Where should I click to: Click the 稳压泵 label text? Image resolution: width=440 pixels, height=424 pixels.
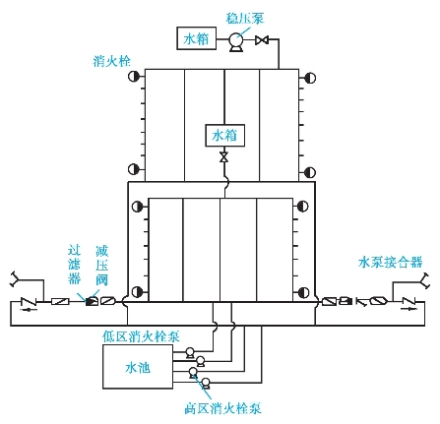click(x=245, y=19)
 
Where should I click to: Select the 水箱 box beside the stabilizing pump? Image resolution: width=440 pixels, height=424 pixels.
click(x=196, y=38)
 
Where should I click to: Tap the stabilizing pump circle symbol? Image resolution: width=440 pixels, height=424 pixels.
click(x=235, y=40)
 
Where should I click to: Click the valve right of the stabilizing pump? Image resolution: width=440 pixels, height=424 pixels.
click(x=262, y=40)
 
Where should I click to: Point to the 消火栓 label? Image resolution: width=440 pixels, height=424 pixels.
click(x=111, y=61)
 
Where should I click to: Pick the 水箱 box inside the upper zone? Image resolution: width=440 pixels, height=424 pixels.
click(x=224, y=135)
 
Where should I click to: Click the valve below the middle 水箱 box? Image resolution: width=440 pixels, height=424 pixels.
click(x=224, y=157)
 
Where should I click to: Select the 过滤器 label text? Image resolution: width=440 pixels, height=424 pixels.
click(x=74, y=265)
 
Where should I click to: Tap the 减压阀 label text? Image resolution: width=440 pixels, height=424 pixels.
click(x=101, y=266)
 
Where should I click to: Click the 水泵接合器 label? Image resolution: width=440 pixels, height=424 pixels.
click(x=390, y=263)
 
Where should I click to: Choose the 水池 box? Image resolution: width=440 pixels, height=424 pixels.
click(x=138, y=367)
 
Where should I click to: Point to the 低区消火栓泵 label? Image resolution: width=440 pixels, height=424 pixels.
click(x=141, y=336)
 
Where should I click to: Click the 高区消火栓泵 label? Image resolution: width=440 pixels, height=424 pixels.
click(x=222, y=408)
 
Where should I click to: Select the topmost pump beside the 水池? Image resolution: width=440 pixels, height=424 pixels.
click(x=190, y=353)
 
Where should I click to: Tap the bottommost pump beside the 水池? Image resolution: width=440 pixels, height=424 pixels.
click(x=206, y=383)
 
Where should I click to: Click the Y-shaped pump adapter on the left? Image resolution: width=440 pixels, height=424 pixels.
click(x=15, y=279)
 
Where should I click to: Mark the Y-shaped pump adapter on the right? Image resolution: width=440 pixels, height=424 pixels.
click(x=425, y=280)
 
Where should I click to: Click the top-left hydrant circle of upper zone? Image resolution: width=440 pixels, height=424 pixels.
click(x=134, y=77)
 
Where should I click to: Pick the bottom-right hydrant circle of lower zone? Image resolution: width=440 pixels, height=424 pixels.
click(x=303, y=292)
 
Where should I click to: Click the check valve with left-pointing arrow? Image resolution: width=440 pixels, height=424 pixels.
click(x=29, y=303)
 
